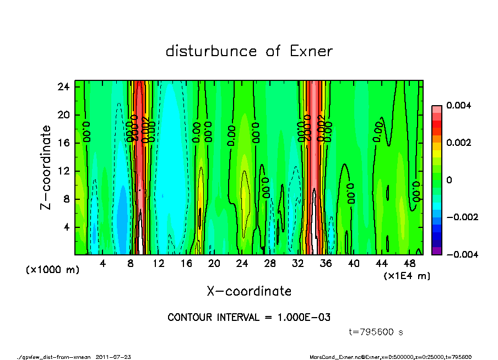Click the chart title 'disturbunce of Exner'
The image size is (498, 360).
coord(249,52)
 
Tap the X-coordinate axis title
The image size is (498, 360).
coord(249,291)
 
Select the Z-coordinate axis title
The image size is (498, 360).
coord(46,167)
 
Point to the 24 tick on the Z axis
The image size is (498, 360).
coord(64,87)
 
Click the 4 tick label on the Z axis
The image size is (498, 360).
coord(67,227)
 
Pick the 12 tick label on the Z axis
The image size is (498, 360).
coord(64,171)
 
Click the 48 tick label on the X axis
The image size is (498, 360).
coord(410,263)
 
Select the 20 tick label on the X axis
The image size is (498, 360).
coord(214,263)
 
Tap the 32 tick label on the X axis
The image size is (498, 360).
coord(298,263)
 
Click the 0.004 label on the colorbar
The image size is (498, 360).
coord(456,105)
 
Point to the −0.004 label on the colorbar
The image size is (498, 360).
coord(454,254)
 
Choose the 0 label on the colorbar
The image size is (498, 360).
coord(448,180)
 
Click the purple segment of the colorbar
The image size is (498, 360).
coord(436,251)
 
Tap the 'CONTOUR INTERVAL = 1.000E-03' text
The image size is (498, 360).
coord(249,318)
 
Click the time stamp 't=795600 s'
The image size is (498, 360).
coord(376,332)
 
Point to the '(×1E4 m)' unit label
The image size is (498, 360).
coord(407,275)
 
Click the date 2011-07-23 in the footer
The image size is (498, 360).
coord(113,357)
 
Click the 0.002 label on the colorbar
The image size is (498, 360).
coord(456,143)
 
